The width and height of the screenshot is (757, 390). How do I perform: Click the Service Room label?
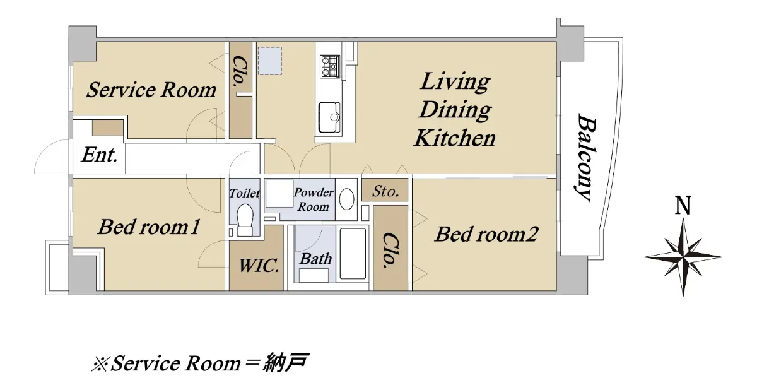coord(151,90)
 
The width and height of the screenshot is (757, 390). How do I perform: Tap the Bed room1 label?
coord(149,227)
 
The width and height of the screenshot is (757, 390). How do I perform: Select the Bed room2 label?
coord(486,234)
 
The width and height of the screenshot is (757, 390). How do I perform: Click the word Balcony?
coord(585,157)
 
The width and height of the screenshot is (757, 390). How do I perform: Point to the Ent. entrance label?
coord(100,155)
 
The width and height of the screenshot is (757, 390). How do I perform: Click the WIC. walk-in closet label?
coord(259,266)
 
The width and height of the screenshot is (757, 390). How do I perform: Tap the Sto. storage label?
coord(385,191)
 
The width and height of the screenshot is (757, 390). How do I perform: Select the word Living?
coord(455,81)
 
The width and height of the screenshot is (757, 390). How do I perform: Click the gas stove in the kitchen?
coord(330,66)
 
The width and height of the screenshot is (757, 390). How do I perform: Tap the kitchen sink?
coord(329,117)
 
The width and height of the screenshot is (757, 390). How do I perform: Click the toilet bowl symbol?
coord(245,220)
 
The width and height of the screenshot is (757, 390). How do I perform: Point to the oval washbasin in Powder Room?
coord(346,199)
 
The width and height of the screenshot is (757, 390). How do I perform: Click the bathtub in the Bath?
coord(353,254)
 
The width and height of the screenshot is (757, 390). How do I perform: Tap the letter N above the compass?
coord(683,206)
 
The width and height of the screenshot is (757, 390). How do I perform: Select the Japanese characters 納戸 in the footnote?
coord(286,363)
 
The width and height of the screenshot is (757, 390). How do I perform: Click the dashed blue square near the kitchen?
coord(270,61)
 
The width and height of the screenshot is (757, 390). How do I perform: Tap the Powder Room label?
coord(314,199)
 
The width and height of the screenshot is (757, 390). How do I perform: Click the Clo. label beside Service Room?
coord(241,73)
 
